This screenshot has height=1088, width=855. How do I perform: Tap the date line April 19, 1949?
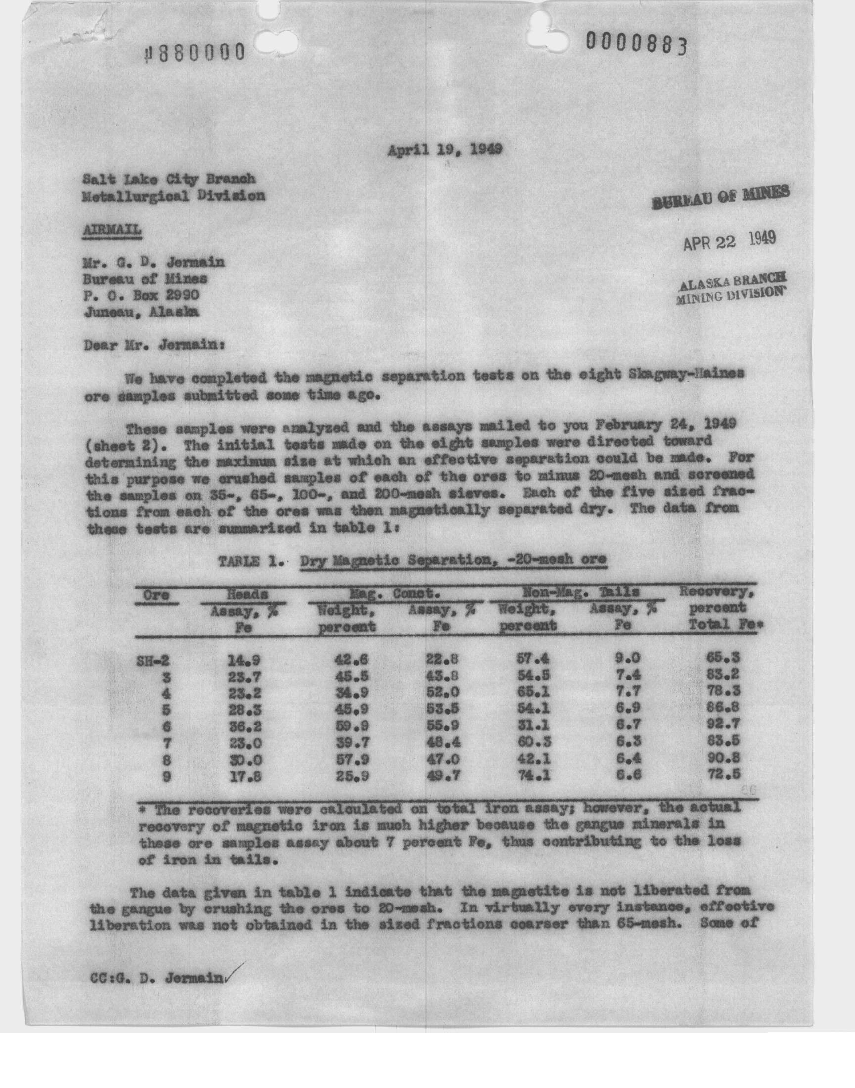[x=445, y=149]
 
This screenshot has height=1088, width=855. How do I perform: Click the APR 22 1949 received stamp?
[x=729, y=241]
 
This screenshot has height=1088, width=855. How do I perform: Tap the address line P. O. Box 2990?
[x=141, y=295]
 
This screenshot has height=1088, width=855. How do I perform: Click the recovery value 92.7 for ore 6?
[x=720, y=724]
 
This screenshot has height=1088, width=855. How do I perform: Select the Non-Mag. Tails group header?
[x=581, y=592]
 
